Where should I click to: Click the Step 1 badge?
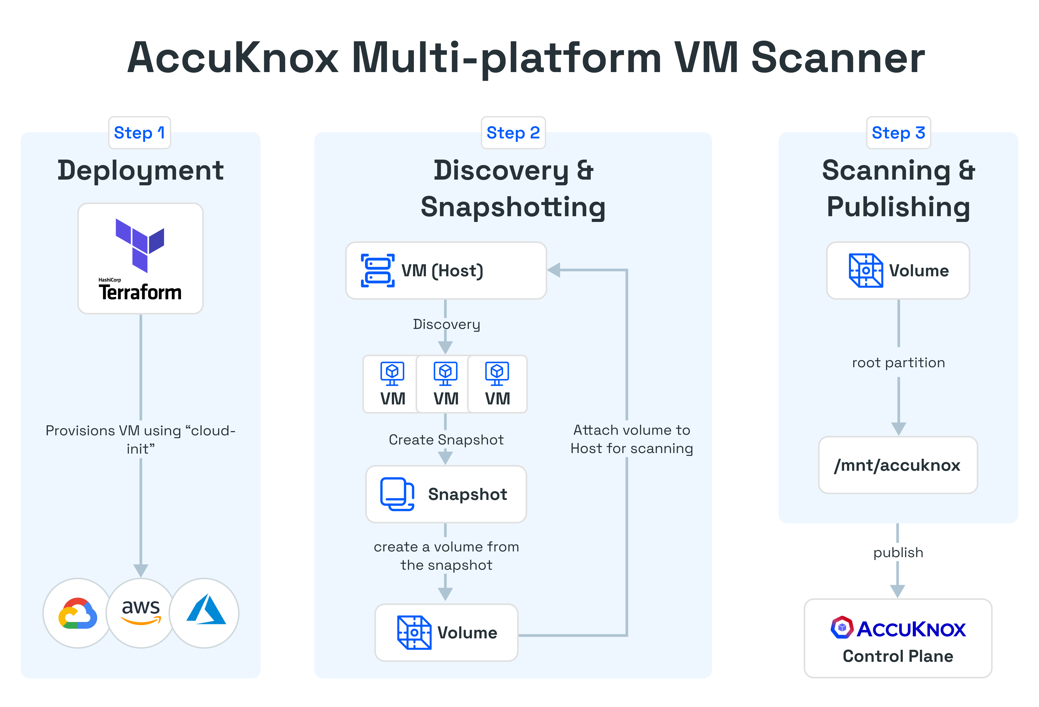click(x=139, y=133)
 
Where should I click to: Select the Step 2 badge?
click(x=513, y=133)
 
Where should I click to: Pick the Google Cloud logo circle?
click(x=78, y=613)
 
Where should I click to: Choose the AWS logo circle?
click(x=141, y=613)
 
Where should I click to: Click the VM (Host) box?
click(x=446, y=271)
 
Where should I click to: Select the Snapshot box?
click(x=446, y=494)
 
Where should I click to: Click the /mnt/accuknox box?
click(x=897, y=465)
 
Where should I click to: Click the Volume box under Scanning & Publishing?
click(x=898, y=271)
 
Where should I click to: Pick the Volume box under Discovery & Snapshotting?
click(x=446, y=632)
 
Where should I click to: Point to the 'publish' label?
click(x=898, y=553)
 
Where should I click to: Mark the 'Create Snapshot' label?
click(x=446, y=440)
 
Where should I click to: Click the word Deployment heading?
click(x=140, y=171)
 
